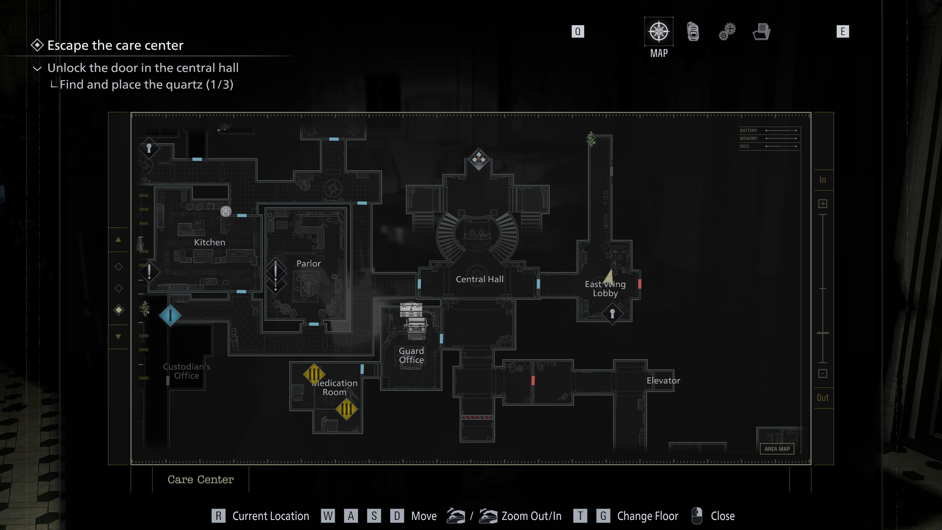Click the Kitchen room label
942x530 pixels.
point(209,242)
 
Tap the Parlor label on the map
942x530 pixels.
point(308,263)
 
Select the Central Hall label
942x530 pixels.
point(479,279)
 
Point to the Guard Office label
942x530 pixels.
point(411,355)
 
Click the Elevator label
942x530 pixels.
point(663,380)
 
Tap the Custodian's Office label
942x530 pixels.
point(186,371)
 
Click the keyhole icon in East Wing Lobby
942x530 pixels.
point(612,314)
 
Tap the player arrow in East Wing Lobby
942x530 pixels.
point(608,276)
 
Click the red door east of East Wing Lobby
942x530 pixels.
point(639,284)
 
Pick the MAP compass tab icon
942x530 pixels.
point(659,31)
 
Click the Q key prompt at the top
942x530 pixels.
point(577,31)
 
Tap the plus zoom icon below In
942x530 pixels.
point(823,204)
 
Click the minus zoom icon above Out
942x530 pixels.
point(823,373)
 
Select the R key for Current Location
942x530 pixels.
point(218,516)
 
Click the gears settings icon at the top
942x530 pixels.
point(727,31)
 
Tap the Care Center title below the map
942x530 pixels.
point(200,479)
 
